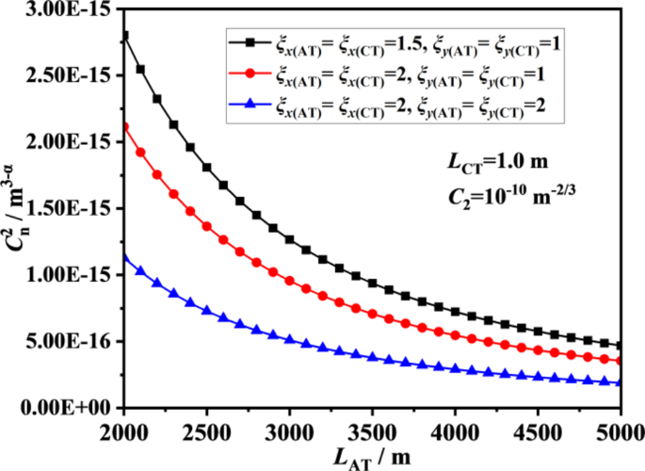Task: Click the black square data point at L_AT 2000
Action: pyautogui.click(x=124, y=36)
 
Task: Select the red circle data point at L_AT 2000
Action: pyautogui.click(x=124, y=126)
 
